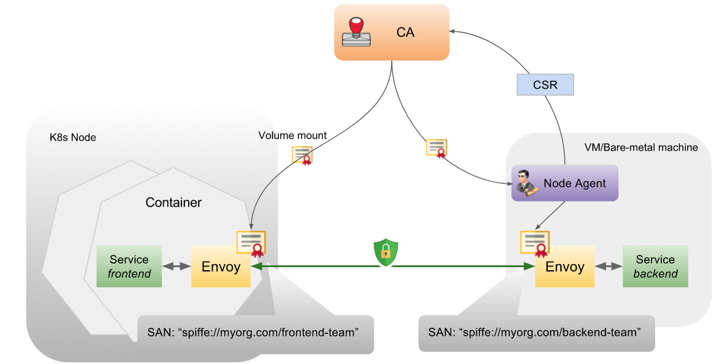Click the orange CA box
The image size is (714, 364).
click(392, 32)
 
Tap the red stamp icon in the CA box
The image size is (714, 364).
click(356, 32)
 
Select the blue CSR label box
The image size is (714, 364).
click(545, 85)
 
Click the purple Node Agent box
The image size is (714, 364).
click(564, 183)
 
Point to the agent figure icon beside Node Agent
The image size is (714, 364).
click(525, 183)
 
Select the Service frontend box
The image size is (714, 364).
click(129, 266)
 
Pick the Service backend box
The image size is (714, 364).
click(655, 266)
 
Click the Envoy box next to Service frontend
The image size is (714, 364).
click(221, 267)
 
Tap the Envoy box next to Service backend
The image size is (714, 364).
click(564, 267)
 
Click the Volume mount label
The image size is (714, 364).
click(292, 135)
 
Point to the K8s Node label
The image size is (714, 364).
click(72, 137)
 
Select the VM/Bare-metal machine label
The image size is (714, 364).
click(641, 147)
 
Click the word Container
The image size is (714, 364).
click(173, 202)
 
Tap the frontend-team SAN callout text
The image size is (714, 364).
click(253, 333)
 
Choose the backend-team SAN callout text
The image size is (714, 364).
click(534, 333)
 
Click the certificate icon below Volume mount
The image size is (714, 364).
click(303, 156)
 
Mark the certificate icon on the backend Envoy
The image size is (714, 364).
click(534, 243)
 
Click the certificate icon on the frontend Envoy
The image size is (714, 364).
click(251, 243)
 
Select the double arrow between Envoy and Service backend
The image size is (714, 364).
click(608, 267)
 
